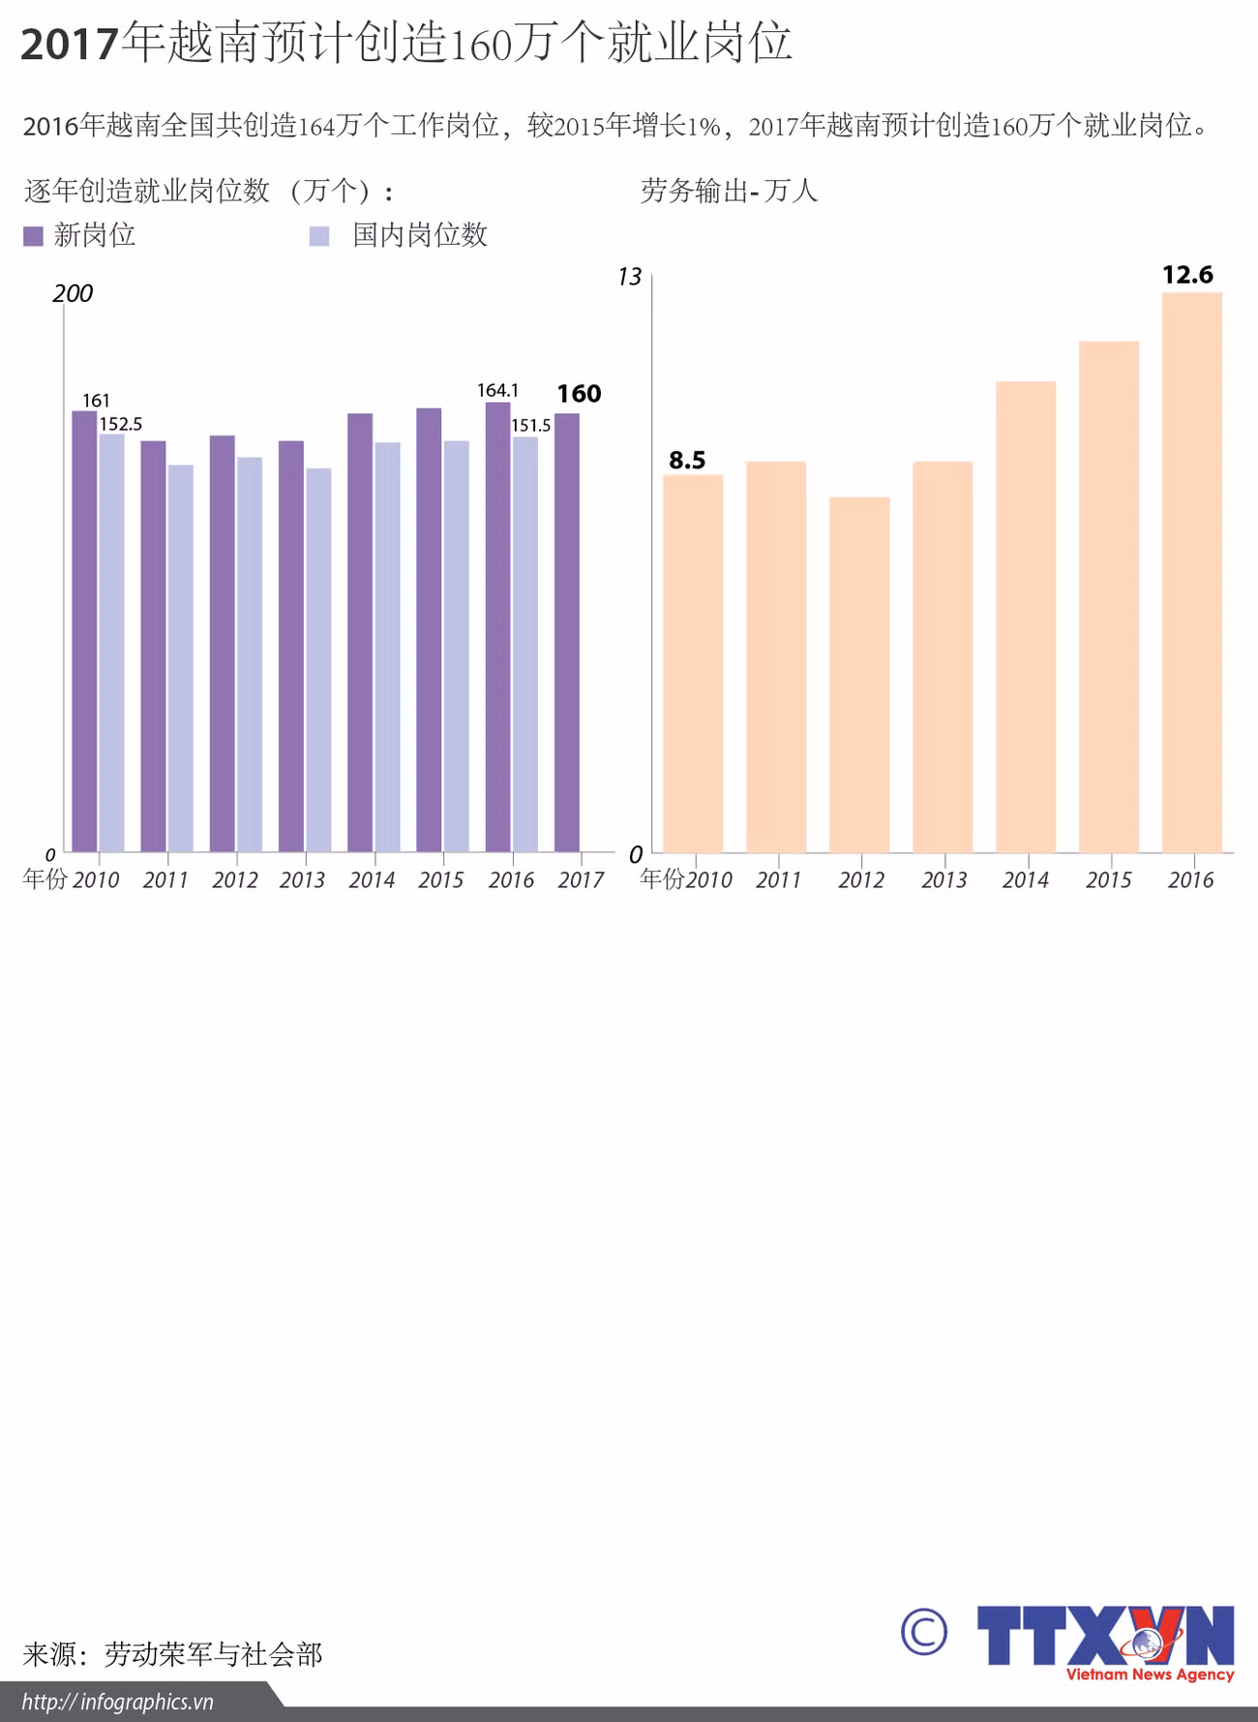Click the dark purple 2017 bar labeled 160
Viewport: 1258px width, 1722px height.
coord(567,633)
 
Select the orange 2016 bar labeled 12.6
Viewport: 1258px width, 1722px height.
coord(1192,572)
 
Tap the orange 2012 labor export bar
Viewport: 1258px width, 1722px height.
coord(859,674)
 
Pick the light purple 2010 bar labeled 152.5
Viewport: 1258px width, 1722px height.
coord(111,643)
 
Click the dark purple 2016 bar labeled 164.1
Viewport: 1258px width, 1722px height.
coord(497,627)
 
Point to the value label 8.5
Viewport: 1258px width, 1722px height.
coord(687,460)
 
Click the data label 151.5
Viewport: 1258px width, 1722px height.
coord(530,425)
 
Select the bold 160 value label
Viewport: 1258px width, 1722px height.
coord(579,394)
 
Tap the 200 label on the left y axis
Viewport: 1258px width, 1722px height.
coord(73,293)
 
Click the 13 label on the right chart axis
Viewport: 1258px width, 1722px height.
coord(629,278)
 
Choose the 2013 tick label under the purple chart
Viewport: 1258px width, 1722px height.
coord(303,879)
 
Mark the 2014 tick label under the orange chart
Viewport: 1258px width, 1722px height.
coord(1025,879)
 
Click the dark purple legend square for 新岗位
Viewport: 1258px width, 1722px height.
coord(34,236)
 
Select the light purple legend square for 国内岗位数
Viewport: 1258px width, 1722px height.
coord(319,236)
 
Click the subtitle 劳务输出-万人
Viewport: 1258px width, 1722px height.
coord(729,191)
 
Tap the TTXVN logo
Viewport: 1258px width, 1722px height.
coord(1105,1643)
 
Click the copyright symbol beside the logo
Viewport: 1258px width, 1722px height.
coord(923,1632)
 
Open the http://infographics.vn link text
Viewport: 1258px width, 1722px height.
coord(117,1702)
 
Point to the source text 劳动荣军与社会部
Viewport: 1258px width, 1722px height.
coord(213,1654)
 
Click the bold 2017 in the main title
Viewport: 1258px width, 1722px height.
coord(70,45)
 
